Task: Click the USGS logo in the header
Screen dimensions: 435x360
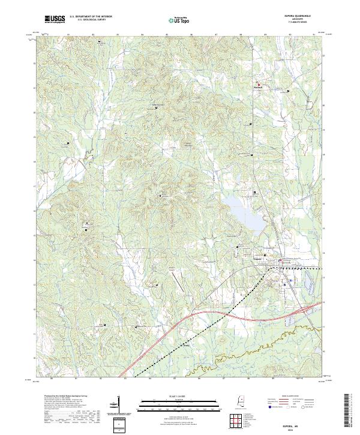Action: coord(55,20)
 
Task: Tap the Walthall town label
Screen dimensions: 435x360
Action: coord(259,88)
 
